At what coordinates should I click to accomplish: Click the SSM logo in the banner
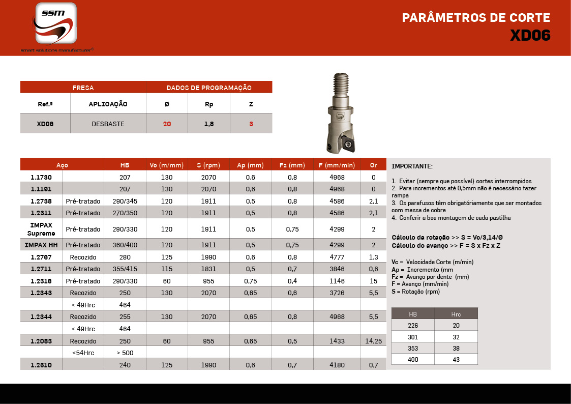[56, 23]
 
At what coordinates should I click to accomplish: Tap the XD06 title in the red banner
[530, 36]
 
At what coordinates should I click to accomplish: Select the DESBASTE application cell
[108, 124]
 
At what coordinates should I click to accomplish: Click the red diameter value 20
[167, 124]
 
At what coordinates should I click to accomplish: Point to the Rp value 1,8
[208, 124]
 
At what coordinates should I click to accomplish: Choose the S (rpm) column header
[208, 165]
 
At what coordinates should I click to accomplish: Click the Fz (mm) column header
[292, 165]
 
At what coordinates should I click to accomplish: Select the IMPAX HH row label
[41, 245]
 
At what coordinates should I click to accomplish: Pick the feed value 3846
[337, 269]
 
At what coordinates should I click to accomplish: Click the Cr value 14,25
[373, 341]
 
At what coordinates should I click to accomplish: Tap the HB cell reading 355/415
[125, 269]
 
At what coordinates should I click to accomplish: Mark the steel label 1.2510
[41, 365]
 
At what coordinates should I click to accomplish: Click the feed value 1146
[337, 281]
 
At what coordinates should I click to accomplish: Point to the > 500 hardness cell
[125, 353]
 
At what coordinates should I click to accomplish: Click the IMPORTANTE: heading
[412, 166]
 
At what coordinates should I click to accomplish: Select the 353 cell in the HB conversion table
[413, 348]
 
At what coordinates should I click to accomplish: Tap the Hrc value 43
[456, 359]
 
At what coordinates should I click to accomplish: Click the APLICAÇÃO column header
[108, 104]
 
